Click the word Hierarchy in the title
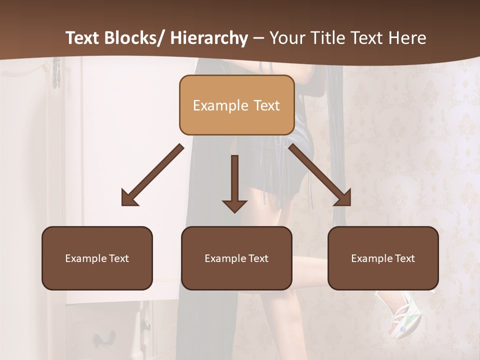[x=209, y=38]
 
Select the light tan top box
[x=236, y=105]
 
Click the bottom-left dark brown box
[x=97, y=258]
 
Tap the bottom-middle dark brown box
[x=236, y=258]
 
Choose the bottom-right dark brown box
[x=383, y=258]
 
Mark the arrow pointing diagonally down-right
[x=320, y=175]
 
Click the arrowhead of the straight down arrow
[x=234, y=205]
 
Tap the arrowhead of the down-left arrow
[x=129, y=198]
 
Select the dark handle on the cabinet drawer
[x=105, y=340]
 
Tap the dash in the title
[x=258, y=38]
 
